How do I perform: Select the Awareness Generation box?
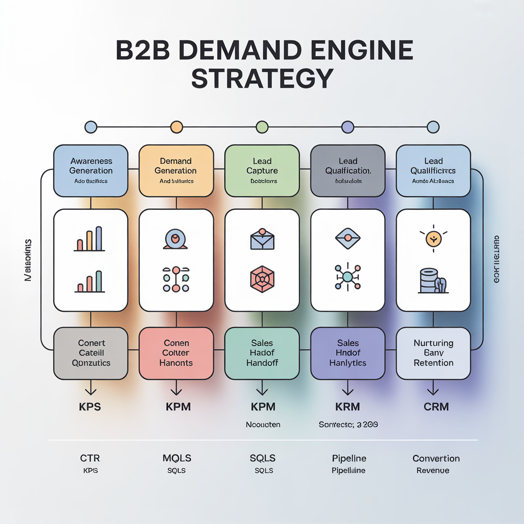click(x=91, y=170)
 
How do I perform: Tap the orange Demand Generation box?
click(x=176, y=170)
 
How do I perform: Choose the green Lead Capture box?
click(x=261, y=170)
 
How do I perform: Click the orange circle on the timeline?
click(x=176, y=127)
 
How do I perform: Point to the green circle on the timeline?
click(x=261, y=127)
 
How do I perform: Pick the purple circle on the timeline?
click(x=347, y=127)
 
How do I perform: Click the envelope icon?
click(x=261, y=239)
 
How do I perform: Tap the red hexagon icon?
click(x=261, y=279)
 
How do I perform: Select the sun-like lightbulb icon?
click(x=433, y=237)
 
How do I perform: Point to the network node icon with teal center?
click(x=347, y=277)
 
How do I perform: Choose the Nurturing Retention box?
click(x=433, y=353)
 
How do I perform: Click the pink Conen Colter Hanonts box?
click(x=176, y=353)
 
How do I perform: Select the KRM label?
click(x=347, y=407)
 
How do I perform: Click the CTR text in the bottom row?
click(x=90, y=458)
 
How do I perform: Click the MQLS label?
click(x=177, y=458)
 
